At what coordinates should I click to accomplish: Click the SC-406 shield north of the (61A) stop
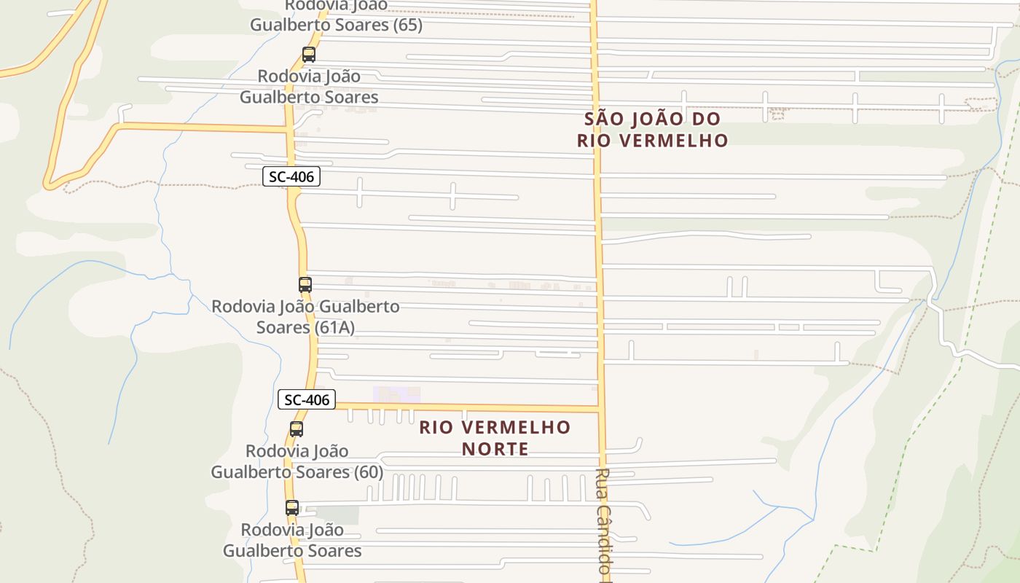(x=291, y=176)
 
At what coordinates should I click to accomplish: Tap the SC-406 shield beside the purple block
(x=306, y=399)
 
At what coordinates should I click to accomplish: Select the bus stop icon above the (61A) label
(x=305, y=285)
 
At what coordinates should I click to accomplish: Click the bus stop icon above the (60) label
(x=297, y=429)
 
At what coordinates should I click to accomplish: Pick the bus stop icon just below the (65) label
(x=309, y=55)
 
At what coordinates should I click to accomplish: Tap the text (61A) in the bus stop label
(x=336, y=327)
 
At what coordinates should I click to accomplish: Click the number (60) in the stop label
(x=368, y=472)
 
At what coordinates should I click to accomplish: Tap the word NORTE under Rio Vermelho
(x=495, y=449)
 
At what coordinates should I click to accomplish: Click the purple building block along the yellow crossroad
(x=396, y=395)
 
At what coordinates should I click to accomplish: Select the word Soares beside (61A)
(x=283, y=327)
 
